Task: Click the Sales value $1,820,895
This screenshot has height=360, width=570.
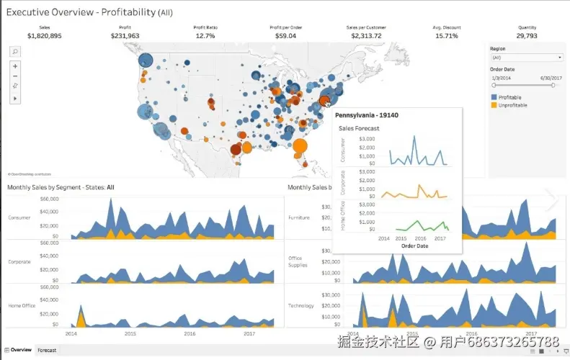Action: pos(44,35)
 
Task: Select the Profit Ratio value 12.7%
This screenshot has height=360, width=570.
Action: pos(205,35)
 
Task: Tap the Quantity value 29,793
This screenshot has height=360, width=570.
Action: pos(526,35)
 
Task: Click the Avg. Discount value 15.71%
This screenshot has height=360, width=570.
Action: pos(447,35)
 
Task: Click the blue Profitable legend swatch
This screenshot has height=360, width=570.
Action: pos(494,97)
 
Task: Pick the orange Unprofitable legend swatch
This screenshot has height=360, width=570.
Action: pos(494,105)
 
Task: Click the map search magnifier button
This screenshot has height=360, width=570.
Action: pos(16,52)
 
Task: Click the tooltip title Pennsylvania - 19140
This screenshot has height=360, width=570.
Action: pos(367,115)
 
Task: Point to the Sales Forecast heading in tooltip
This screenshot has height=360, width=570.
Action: pos(359,129)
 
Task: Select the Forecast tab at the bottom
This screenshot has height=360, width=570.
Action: pos(47,350)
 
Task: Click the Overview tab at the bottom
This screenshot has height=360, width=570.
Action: pos(19,350)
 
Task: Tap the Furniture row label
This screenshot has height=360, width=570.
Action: pos(298,217)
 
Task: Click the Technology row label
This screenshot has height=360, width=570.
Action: pos(300,305)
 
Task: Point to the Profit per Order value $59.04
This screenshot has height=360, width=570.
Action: pos(285,35)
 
